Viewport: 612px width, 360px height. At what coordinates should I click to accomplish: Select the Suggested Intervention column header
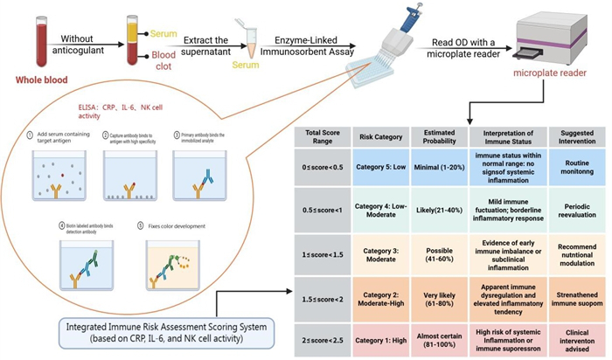point(573,138)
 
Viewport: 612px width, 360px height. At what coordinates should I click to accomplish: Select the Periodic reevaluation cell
point(573,211)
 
